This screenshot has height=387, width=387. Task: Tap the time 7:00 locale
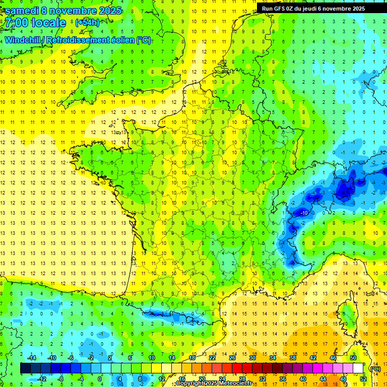[x=35, y=23]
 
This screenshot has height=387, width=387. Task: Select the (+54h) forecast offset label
[x=87, y=23]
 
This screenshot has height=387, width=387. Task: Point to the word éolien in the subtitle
[x=121, y=40]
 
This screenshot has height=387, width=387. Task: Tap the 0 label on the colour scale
[x=99, y=378]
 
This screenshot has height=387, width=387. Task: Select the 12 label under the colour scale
[x=162, y=378]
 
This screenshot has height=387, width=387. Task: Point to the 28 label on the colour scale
[x=242, y=378]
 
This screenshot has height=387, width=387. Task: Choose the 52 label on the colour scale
[x=363, y=378]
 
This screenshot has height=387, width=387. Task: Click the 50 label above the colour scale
[x=353, y=358]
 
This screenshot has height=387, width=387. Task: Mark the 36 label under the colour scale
[x=283, y=378]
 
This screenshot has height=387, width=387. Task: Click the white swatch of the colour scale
[x=358, y=368]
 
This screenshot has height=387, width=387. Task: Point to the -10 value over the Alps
[x=304, y=213]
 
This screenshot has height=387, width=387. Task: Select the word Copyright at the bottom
[x=190, y=383]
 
